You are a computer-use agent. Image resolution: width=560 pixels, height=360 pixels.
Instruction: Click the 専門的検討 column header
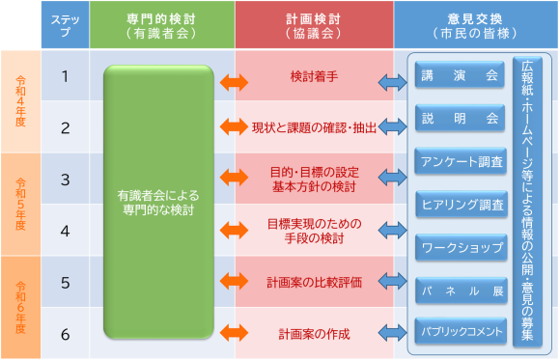pos(161,24)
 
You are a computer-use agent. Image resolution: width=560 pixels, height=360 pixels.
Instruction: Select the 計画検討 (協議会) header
pos(313,24)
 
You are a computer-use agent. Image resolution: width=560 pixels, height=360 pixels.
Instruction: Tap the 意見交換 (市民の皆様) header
pos(476,24)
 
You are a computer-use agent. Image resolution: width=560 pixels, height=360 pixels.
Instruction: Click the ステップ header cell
pos(65,24)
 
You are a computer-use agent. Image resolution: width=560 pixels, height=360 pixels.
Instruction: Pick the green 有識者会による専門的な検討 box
pos(158,203)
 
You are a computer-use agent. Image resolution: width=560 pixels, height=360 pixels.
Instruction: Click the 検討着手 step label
pos(313,75)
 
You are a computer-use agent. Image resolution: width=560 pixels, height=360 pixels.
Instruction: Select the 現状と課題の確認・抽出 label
pos(313,126)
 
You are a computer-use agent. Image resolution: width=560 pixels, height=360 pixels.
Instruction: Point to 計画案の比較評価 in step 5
pos(313,283)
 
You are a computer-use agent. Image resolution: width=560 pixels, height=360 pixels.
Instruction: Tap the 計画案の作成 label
pos(313,334)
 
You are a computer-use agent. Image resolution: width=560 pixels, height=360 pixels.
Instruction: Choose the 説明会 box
pos(461,119)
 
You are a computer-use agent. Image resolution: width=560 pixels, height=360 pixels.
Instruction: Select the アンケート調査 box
pos(461,161)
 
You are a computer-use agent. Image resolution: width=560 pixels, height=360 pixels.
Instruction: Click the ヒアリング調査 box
pos(461,205)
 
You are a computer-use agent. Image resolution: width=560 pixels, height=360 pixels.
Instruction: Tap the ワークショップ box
pos(461,247)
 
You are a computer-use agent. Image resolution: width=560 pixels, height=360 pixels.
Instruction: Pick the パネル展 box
pos(461,290)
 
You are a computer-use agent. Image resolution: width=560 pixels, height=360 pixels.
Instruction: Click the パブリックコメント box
pos(461,332)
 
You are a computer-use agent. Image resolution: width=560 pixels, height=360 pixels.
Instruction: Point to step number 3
pos(65,179)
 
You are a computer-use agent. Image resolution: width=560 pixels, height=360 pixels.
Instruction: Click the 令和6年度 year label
pos(20,307)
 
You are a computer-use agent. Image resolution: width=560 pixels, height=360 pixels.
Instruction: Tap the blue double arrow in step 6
pos(393,334)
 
